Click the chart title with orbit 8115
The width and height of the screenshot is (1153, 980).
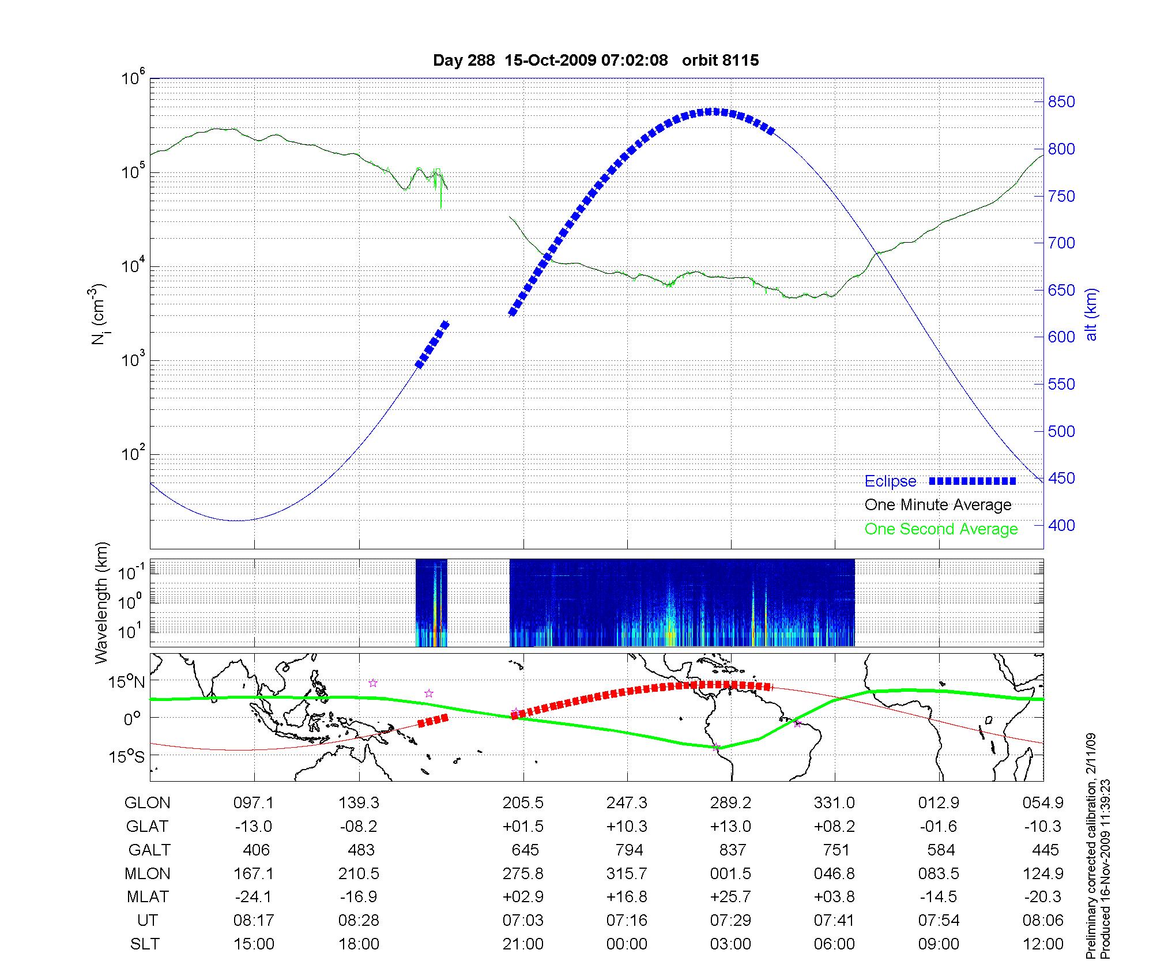click(x=596, y=60)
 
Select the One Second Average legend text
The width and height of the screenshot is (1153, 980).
click(x=941, y=529)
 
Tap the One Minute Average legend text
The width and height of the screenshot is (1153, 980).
click(x=938, y=505)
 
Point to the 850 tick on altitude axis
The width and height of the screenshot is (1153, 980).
click(x=1061, y=102)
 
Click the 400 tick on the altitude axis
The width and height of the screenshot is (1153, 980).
click(x=1061, y=526)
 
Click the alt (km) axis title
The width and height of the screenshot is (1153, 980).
click(x=1091, y=315)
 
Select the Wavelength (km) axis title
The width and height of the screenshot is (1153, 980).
click(x=101, y=602)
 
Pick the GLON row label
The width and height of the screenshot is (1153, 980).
click(x=148, y=803)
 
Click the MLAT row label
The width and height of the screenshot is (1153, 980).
click(x=148, y=897)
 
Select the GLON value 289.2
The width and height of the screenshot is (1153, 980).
click(x=730, y=803)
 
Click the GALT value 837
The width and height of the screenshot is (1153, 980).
click(x=732, y=850)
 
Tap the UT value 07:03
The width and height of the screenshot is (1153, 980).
click(x=523, y=921)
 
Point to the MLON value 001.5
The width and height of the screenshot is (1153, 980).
click(x=730, y=874)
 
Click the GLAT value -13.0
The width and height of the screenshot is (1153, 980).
click(x=254, y=827)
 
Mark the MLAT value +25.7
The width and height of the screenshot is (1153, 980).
click(x=730, y=897)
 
